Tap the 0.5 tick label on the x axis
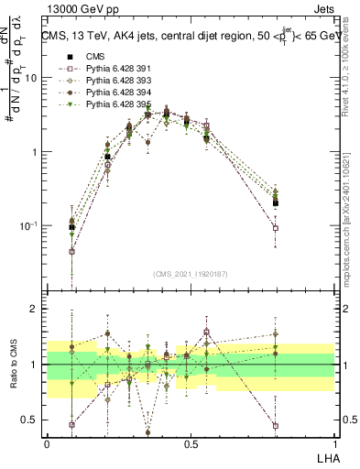(190, 443)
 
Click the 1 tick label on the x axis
(334, 443)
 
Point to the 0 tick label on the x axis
(47, 443)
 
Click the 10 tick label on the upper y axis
(31, 78)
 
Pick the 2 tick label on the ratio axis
(35, 309)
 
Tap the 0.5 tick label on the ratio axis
(31, 420)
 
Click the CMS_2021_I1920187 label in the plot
(190, 274)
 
